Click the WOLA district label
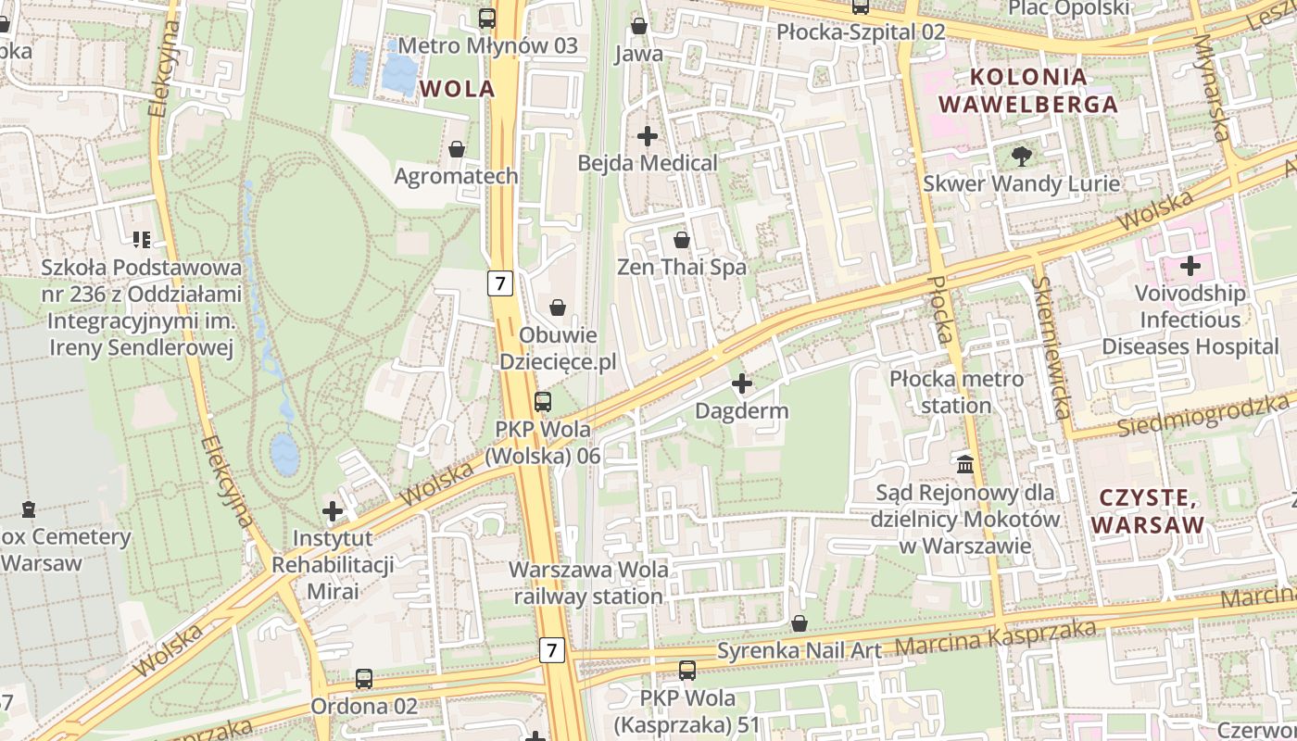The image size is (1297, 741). [x=457, y=89]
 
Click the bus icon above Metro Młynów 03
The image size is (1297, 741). [x=486, y=18]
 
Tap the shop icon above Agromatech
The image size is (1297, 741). [x=456, y=148]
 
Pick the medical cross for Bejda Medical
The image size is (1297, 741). [x=648, y=136]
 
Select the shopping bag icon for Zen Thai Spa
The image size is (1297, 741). [x=682, y=240]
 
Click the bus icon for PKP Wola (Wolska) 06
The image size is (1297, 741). [x=543, y=402]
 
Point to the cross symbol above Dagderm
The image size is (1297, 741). [x=741, y=383]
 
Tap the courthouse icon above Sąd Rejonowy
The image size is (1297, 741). [x=965, y=463]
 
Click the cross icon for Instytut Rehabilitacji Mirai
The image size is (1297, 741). [x=333, y=510]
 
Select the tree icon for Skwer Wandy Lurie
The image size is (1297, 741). [x=1021, y=156]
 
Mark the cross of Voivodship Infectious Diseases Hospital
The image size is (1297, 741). [x=1190, y=267]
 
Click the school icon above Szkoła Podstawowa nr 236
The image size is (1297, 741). [x=141, y=240]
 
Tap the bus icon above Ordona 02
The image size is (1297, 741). [x=364, y=679]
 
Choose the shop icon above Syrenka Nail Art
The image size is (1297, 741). [x=800, y=623]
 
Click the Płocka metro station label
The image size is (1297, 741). [x=956, y=392]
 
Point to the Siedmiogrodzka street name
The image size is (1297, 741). [x=1203, y=415]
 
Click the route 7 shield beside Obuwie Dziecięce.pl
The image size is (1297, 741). [x=500, y=283]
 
